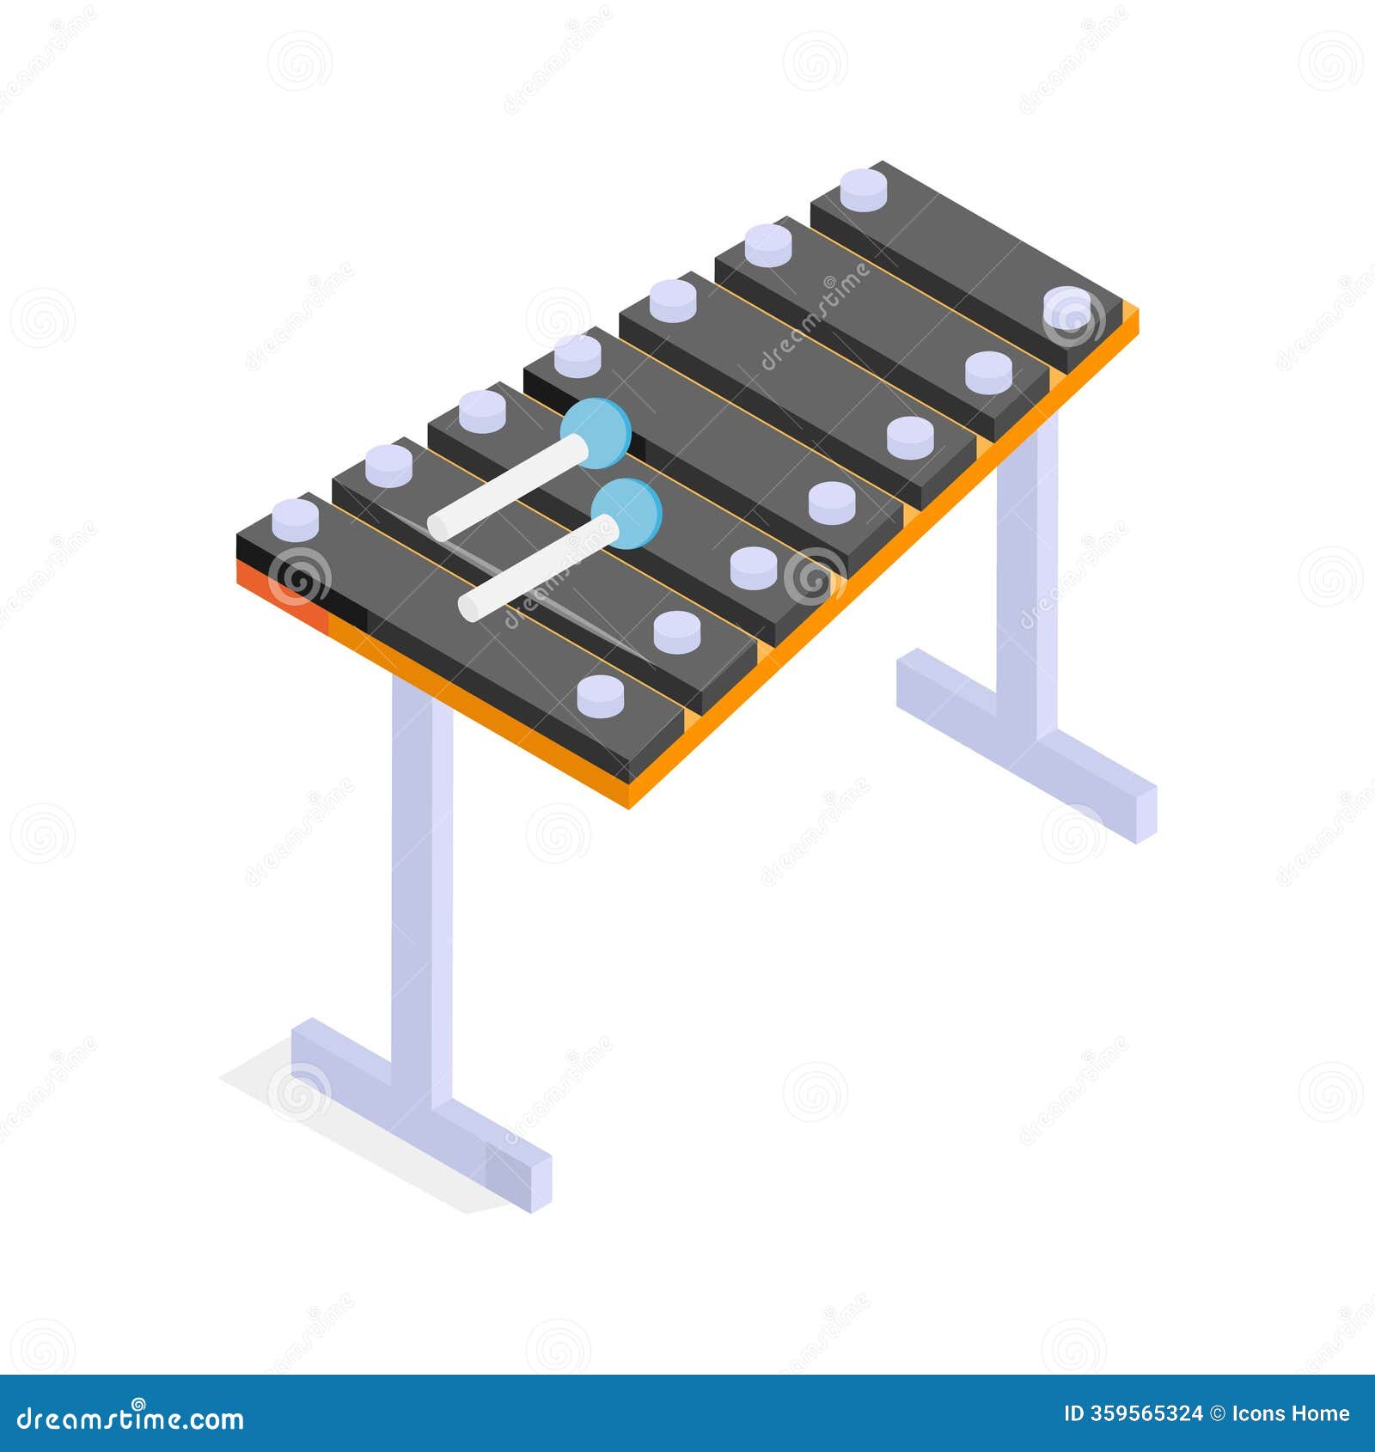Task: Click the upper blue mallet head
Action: (596, 432)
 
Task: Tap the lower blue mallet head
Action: (626, 513)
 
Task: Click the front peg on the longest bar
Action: (599, 695)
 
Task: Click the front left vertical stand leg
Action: (421, 885)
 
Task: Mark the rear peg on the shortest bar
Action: (862, 189)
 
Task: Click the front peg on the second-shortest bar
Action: (988, 371)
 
